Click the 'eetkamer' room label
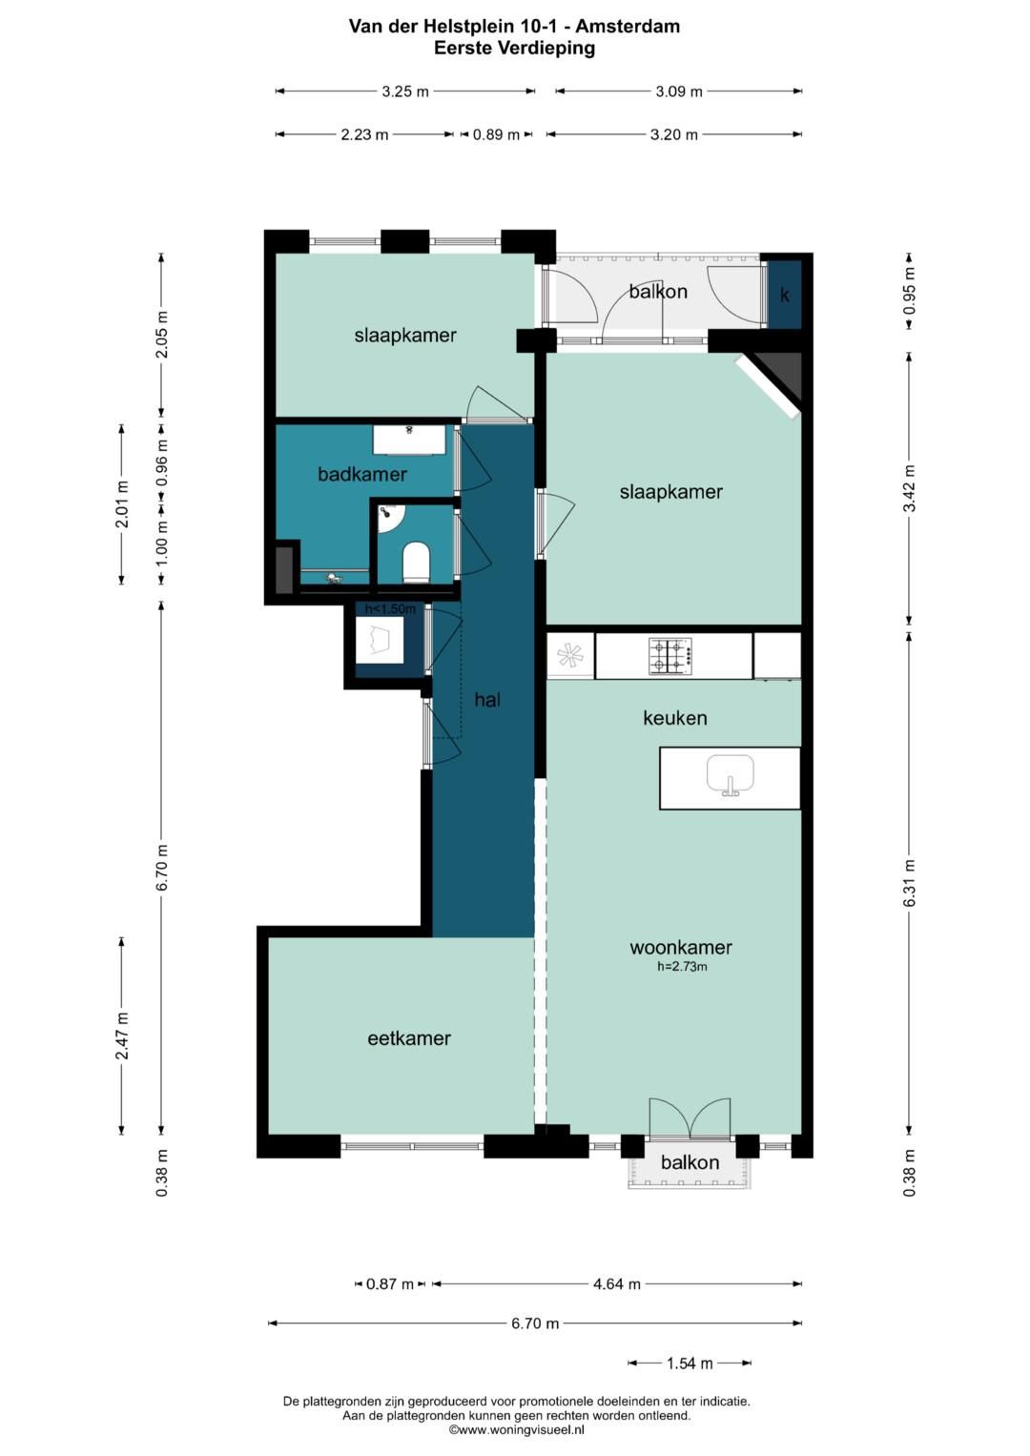coord(409,1038)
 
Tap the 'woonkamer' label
coord(681,947)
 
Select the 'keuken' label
coord(675,718)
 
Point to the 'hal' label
coord(487,700)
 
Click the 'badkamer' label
coord(362,475)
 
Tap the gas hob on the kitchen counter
coord(670,657)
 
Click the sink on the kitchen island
coord(731,775)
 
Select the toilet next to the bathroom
coord(417,563)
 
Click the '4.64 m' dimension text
coord(616,1283)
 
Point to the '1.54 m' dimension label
coord(690,1364)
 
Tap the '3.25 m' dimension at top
coord(405,92)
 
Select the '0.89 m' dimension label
coord(496,134)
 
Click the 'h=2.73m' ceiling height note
coord(682,967)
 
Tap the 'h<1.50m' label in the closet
coord(390,609)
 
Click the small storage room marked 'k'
coord(785,295)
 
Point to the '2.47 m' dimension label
coord(122,1036)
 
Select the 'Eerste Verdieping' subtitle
coord(514,48)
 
